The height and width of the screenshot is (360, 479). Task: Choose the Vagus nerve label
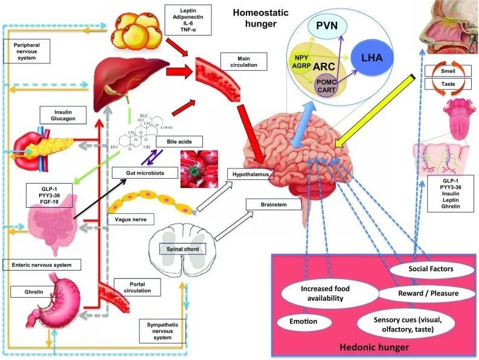pos(129,219)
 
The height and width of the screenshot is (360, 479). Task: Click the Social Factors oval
pos(423,268)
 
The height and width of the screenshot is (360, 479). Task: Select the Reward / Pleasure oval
pos(426,294)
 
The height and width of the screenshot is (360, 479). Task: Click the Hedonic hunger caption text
pos(374,347)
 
